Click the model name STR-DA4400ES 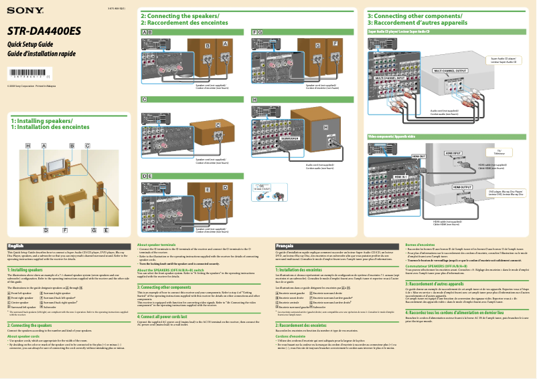(x=44, y=31)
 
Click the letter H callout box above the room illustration (x=28, y=145)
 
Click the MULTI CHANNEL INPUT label (x=390, y=78)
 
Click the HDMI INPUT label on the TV (x=453, y=152)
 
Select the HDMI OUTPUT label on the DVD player (x=462, y=187)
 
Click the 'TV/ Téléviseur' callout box (x=500, y=152)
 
